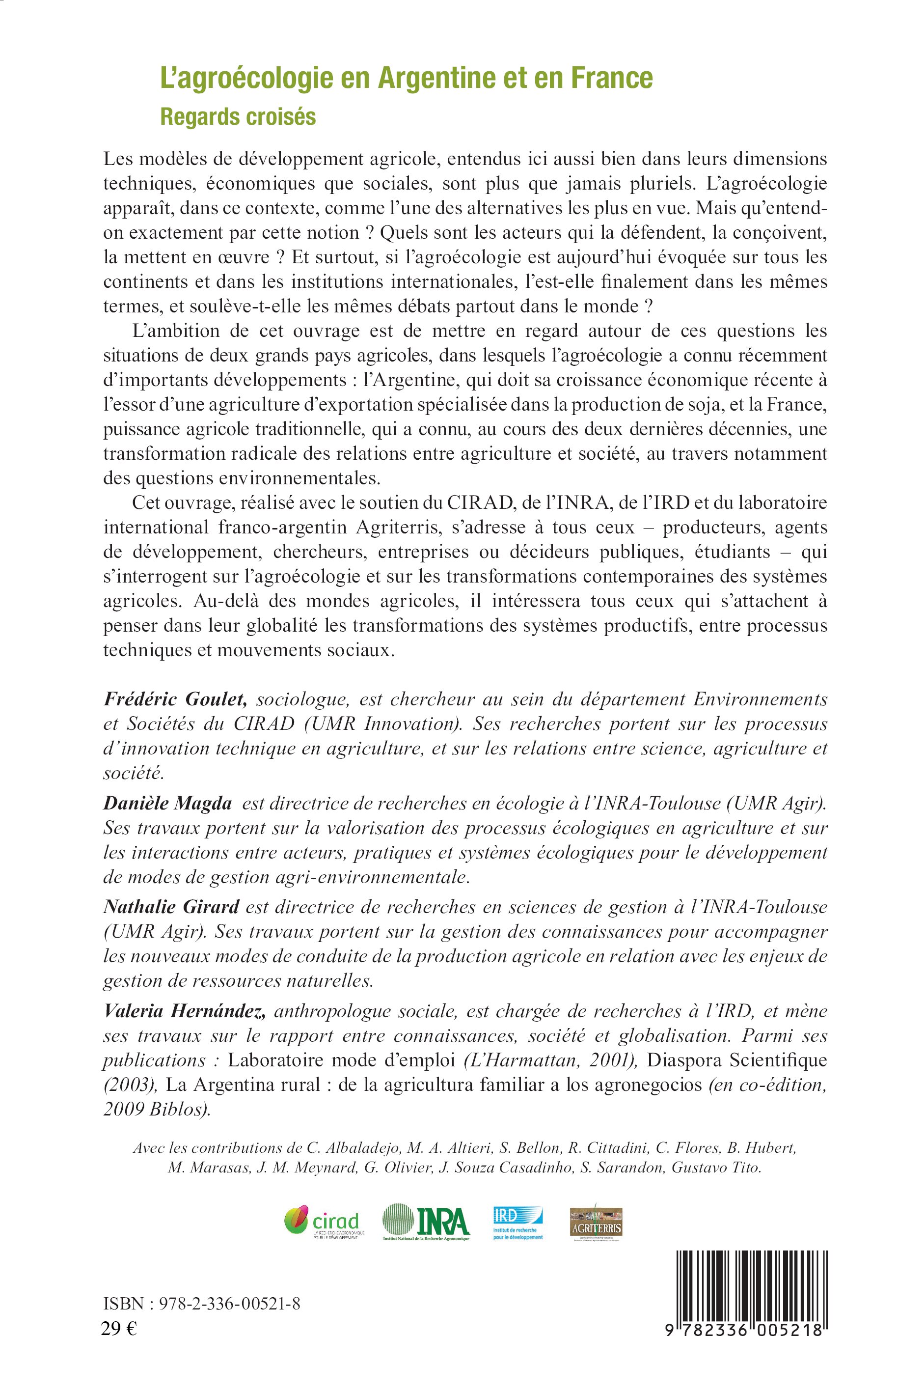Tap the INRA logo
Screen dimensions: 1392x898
click(x=426, y=1221)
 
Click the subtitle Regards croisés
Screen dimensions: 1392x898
click(x=238, y=117)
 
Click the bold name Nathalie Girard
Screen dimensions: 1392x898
click(x=171, y=907)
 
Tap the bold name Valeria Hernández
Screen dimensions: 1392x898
click(x=185, y=1010)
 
